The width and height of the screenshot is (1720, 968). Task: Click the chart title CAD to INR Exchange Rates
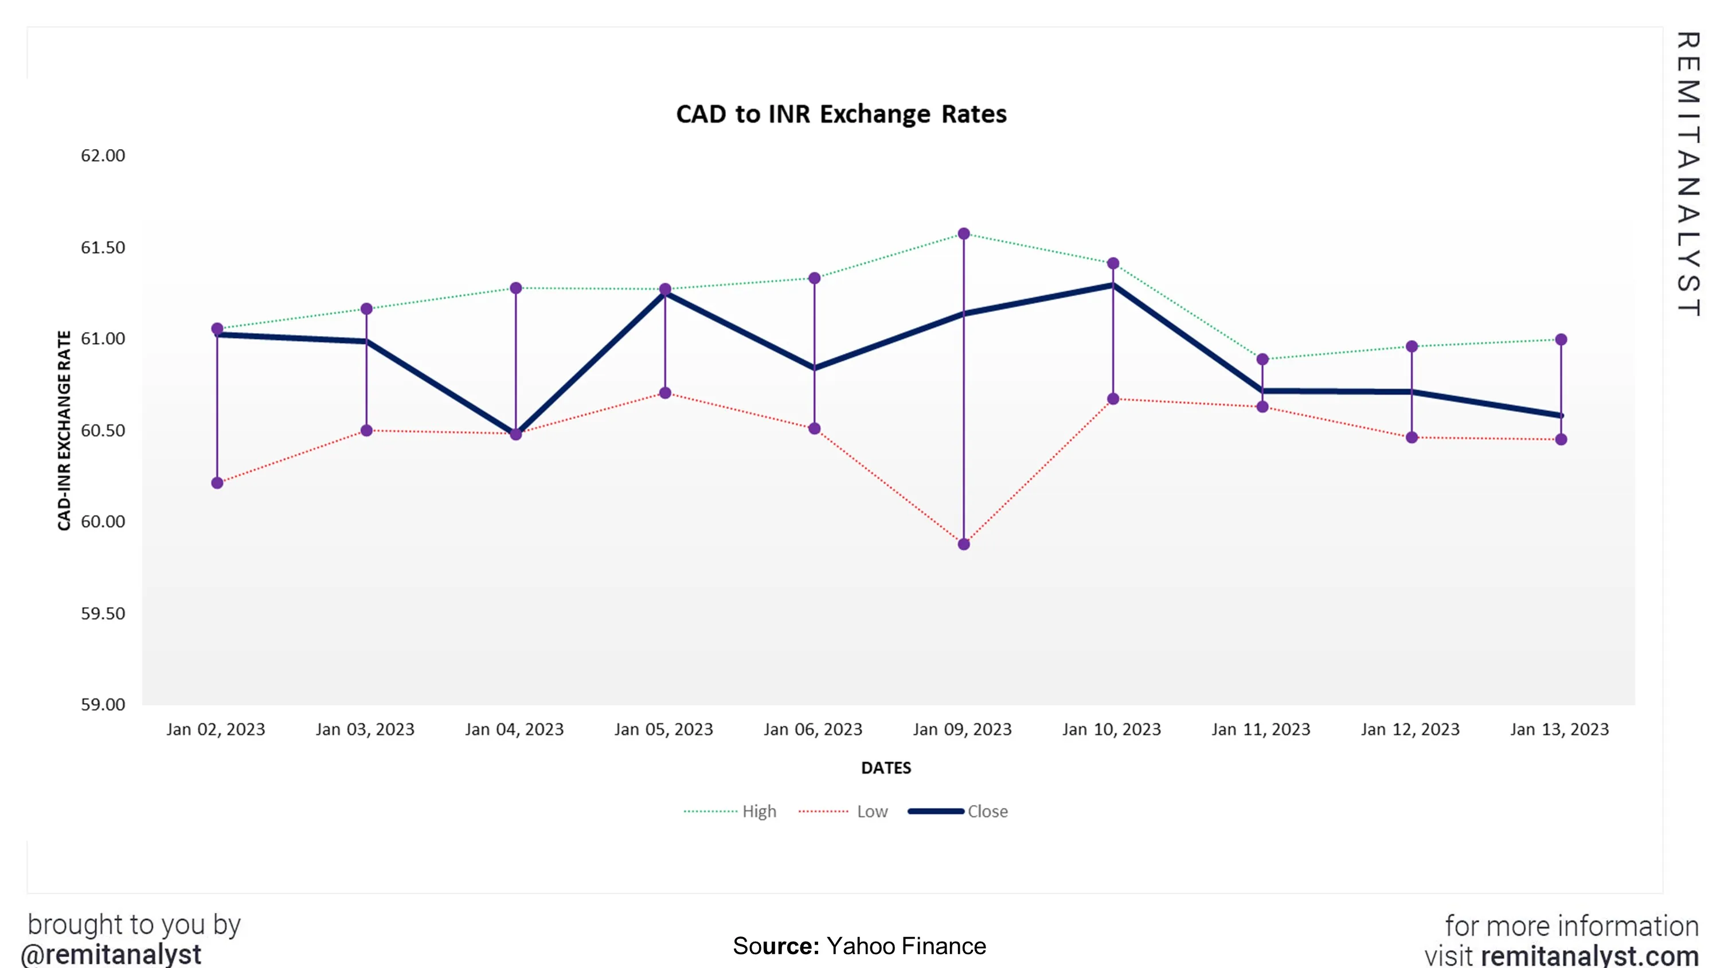click(x=841, y=114)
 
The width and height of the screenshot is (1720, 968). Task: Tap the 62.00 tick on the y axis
click(x=103, y=155)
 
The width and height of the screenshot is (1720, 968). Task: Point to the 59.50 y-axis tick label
click(x=103, y=613)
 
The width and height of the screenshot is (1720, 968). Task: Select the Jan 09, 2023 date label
click(x=962, y=729)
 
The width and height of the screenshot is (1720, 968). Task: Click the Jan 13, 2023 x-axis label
click(x=1559, y=729)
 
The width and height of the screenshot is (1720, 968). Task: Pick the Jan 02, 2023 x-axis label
click(x=216, y=729)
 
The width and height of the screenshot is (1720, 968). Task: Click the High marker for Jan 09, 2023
click(x=964, y=234)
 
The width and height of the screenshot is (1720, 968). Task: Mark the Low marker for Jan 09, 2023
click(x=964, y=544)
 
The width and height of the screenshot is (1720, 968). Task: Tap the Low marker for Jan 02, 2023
click(x=217, y=483)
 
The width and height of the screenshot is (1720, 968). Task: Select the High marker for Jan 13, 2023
click(x=1561, y=340)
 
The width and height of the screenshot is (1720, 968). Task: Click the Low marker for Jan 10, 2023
click(x=1113, y=399)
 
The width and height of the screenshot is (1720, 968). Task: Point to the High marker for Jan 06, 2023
click(x=815, y=278)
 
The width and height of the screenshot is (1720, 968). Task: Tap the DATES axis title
click(x=885, y=768)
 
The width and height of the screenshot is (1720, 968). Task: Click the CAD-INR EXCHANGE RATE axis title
click(x=64, y=430)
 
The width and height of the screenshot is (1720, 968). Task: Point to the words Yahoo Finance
click(x=905, y=946)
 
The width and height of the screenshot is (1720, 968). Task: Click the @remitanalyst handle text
click(x=111, y=954)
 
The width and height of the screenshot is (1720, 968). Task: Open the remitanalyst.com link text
click(x=1589, y=955)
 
